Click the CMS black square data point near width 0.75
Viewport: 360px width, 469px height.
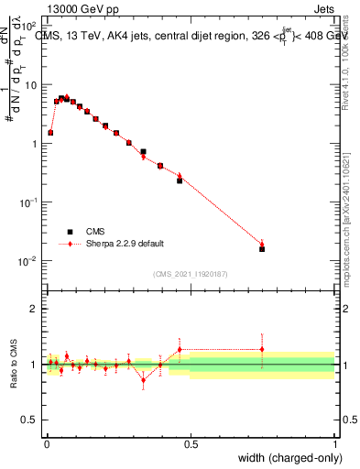262,248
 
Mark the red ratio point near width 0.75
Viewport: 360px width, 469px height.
262,349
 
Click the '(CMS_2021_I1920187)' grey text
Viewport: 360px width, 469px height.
191,275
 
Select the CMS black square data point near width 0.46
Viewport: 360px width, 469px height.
180,180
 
